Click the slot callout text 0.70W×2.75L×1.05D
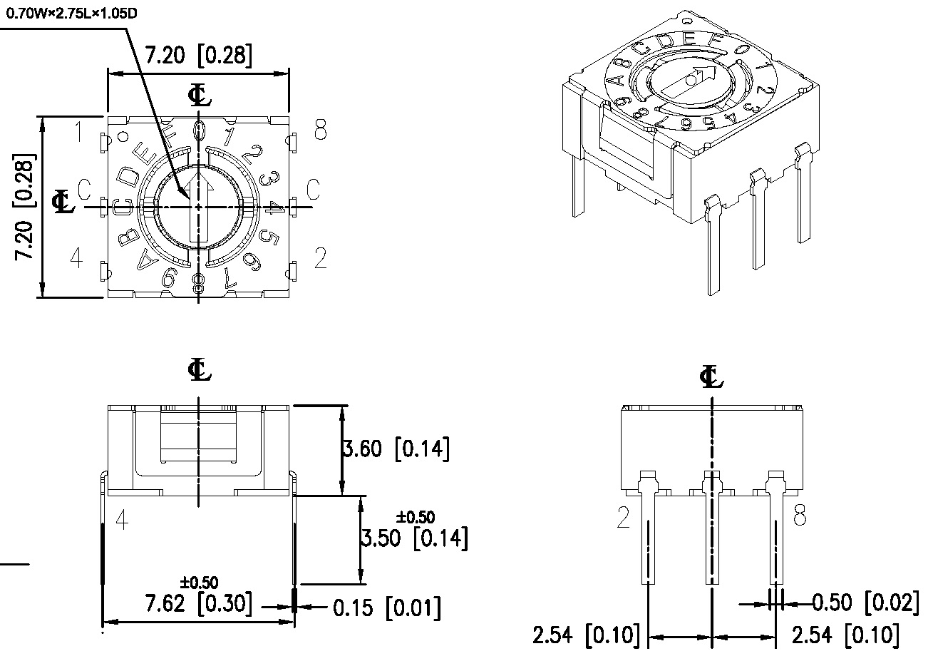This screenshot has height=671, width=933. tap(71, 14)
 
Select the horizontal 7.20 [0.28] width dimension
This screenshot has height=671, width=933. tap(198, 56)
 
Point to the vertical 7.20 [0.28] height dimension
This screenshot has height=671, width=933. tap(24, 207)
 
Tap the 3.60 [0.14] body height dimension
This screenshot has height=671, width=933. tap(396, 449)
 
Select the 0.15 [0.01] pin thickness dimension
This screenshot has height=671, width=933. tap(386, 608)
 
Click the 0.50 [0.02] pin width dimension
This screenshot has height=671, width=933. tap(865, 603)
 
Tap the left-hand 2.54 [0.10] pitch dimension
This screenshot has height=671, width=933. tap(586, 635)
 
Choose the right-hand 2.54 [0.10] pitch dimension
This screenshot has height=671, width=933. tap(845, 635)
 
